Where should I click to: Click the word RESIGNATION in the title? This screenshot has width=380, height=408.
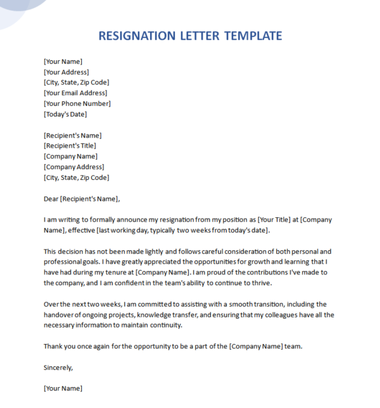pos(139,35)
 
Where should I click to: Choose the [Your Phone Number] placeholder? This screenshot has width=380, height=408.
pos(77,103)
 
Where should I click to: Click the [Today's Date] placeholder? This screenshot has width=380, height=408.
pos(65,114)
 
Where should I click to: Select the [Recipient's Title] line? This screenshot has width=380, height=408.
pos(70,146)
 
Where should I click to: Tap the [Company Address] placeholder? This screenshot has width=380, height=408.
pos(73,167)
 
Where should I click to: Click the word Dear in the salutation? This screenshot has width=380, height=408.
pos(51,198)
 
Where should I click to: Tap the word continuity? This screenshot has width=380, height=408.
pos(165,325)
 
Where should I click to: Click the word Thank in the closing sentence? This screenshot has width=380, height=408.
pos(53,346)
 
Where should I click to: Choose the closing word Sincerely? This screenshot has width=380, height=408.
pos(58,367)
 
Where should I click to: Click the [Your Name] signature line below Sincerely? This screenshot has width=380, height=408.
pos(63,388)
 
